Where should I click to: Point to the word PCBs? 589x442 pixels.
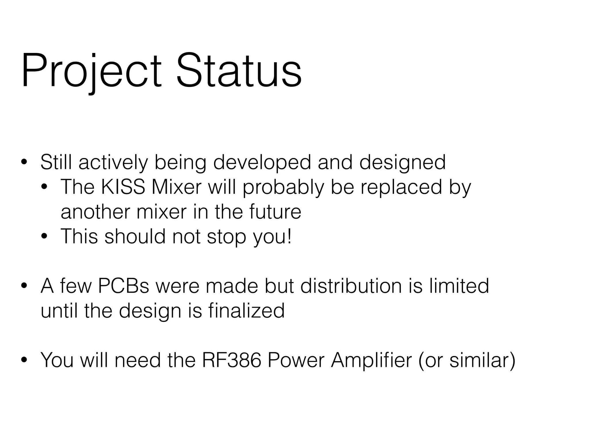(123, 286)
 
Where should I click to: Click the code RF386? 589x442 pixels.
(232, 360)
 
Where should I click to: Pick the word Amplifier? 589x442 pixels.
(371, 360)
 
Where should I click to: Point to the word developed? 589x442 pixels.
(262, 163)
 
